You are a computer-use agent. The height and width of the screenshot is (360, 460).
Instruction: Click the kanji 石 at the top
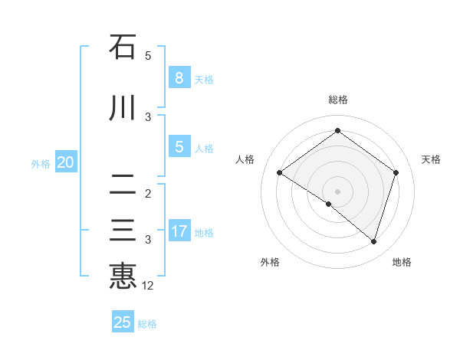tap(123, 47)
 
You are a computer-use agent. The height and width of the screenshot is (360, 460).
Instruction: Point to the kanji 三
tap(123, 231)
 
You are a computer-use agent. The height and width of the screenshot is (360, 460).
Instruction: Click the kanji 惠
tap(123, 276)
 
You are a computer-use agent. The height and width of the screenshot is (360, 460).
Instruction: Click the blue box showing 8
tap(179, 77)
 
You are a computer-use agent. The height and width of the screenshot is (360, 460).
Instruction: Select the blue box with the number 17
tap(179, 231)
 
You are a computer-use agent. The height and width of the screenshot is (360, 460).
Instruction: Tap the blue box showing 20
tap(66, 162)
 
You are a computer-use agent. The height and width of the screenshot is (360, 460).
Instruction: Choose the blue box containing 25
tap(123, 322)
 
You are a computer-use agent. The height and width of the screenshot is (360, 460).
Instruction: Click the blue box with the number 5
tap(179, 147)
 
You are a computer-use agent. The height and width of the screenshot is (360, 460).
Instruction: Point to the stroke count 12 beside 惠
tap(149, 286)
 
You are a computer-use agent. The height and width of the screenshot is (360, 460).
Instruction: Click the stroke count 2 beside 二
tap(148, 193)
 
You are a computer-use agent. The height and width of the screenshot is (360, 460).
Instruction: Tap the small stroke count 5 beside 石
tap(148, 55)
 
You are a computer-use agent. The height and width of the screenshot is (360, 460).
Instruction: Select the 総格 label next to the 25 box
tap(147, 324)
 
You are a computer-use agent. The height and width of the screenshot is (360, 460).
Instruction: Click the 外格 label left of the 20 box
tap(41, 163)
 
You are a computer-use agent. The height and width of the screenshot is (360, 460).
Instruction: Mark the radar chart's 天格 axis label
tap(432, 159)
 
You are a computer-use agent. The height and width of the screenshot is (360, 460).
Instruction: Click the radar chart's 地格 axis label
tap(402, 262)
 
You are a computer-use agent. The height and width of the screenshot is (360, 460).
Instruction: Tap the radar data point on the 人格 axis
tap(280, 173)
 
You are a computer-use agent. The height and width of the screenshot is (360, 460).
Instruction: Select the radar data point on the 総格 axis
tap(337, 131)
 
